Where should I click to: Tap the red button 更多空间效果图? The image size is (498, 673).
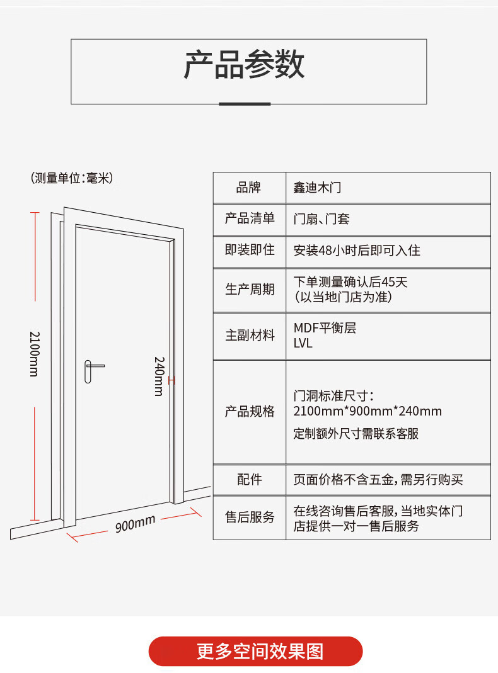[256, 651]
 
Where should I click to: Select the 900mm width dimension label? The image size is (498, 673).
[135, 523]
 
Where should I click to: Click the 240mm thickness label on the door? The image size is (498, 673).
[159, 376]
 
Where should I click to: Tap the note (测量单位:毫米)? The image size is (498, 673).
[71, 178]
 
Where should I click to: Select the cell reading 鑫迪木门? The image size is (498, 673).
[317, 187]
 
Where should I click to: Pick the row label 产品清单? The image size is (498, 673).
[250, 218]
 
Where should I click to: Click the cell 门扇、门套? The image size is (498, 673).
[321, 219]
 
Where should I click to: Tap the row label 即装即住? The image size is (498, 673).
[250, 250]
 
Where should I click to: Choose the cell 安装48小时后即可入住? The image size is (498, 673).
[357, 251]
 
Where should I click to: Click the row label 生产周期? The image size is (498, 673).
[250, 290]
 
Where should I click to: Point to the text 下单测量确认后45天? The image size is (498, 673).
[350, 282]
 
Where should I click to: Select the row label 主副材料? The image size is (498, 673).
[250, 336]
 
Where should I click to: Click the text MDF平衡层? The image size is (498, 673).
[325, 328]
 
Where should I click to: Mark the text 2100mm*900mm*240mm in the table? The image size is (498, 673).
[368, 411]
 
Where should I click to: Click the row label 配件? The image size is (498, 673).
[250, 480]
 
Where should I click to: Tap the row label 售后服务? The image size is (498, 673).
[250, 517]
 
